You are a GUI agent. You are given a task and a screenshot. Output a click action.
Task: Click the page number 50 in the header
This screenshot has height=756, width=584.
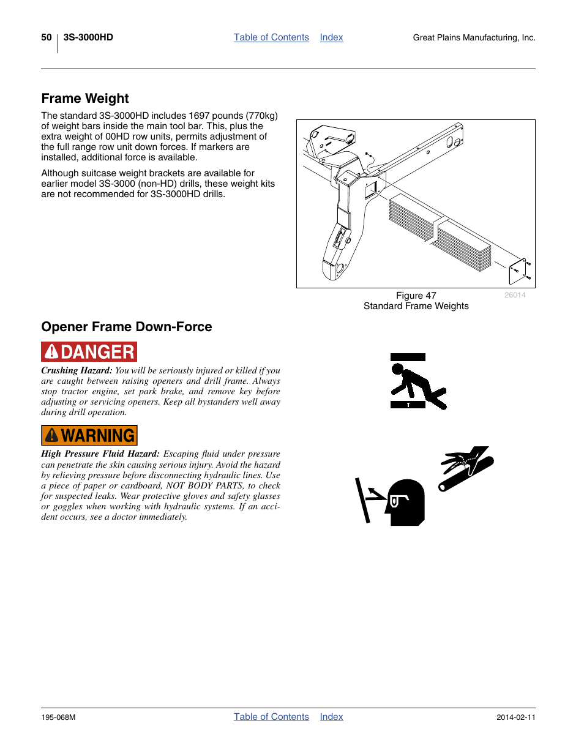47,37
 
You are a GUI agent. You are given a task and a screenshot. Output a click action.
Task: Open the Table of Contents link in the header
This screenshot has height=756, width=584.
271,37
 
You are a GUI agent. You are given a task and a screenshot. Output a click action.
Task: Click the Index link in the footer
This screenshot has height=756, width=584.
331,717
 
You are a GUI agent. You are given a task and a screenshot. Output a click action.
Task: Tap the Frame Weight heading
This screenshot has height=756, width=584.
85,99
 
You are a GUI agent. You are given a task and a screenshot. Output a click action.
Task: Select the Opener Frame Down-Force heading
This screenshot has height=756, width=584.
127,327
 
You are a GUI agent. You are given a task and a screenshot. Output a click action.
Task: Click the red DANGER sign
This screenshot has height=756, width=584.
89,352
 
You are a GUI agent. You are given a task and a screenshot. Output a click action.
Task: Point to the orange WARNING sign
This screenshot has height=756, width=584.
89,435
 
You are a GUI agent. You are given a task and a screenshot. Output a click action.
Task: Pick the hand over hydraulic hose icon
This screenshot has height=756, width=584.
466,468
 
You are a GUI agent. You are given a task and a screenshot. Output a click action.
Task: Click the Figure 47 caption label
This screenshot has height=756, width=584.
416,296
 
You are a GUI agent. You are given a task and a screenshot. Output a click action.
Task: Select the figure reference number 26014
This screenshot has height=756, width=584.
515,295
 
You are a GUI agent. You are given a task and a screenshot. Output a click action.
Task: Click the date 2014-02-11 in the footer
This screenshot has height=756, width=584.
515,717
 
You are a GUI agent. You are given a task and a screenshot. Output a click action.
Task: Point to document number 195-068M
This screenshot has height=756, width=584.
58,717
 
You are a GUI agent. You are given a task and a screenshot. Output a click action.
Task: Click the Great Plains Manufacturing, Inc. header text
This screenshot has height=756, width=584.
474,38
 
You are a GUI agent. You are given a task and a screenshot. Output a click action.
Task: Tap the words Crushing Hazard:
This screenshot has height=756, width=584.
77,370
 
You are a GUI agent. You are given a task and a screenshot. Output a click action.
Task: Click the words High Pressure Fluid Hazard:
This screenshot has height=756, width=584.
100,454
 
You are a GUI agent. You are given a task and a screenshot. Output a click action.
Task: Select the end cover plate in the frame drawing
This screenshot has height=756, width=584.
518,270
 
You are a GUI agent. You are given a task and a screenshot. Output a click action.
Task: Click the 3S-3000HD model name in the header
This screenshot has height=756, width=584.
88,37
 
